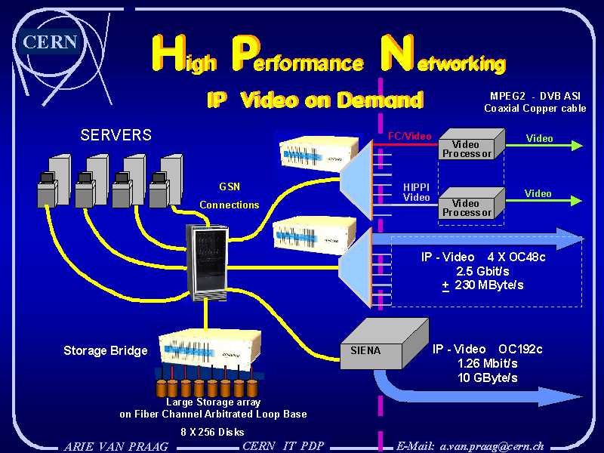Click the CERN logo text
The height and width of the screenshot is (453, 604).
tap(51, 42)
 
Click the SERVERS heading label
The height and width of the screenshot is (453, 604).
tap(116, 135)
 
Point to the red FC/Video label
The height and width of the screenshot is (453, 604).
tap(409, 137)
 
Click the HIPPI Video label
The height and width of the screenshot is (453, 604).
tap(416, 192)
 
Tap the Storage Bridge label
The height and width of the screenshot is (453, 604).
tap(105, 350)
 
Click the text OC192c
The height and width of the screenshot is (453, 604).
tap(520, 349)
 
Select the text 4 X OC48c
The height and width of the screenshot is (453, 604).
tap(516, 257)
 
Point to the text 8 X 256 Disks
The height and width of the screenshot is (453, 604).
tap(212, 432)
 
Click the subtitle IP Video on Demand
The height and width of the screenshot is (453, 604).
tap(315, 100)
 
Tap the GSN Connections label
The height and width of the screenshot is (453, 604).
tap(229, 196)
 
